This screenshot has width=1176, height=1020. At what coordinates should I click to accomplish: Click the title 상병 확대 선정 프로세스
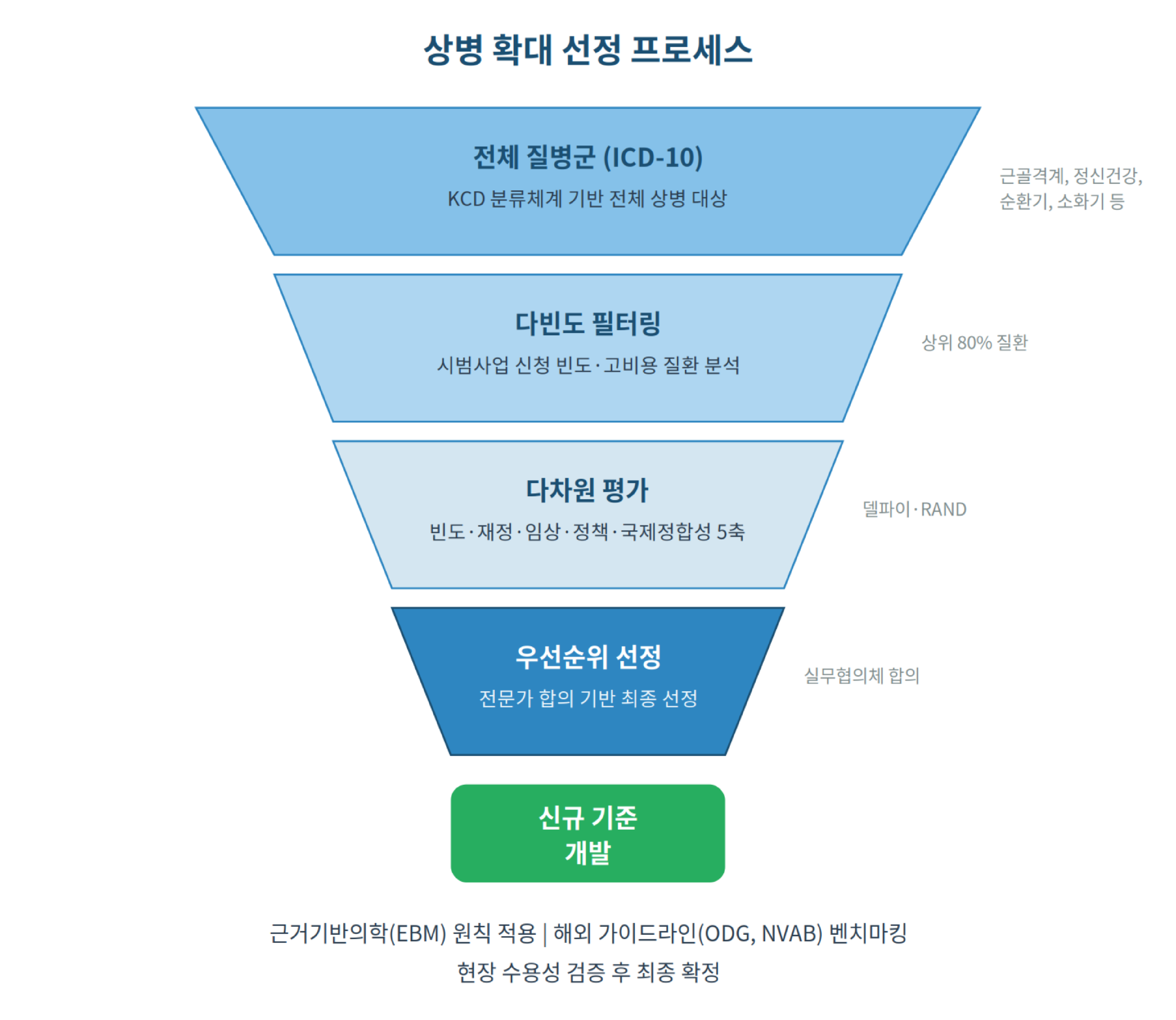point(587,49)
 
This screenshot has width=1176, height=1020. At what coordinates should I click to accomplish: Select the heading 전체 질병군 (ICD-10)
point(587,157)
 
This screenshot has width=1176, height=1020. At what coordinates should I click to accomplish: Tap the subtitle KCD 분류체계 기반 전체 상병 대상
point(587,199)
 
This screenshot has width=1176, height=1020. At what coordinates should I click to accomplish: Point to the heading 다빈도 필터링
point(587,323)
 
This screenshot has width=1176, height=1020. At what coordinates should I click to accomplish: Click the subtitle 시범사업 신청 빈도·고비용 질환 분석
point(587,365)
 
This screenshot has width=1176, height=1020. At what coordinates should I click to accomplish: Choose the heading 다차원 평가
point(587,490)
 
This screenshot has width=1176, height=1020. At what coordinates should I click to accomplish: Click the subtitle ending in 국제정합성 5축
point(587,532)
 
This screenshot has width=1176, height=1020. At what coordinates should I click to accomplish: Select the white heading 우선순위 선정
point(587,657)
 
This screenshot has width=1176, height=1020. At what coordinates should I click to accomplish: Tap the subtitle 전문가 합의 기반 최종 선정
point(587,699)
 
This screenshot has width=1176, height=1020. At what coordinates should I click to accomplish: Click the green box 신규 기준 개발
point(587,834)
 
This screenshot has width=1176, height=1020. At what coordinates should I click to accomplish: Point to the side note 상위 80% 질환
point(974,343)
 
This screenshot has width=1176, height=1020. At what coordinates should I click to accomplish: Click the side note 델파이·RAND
point(914,509)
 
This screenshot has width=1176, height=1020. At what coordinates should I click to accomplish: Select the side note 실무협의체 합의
point(862,676)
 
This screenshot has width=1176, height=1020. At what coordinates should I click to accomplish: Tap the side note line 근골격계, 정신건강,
point(1071,176)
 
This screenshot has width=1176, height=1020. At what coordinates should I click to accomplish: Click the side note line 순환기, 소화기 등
point(1062,201)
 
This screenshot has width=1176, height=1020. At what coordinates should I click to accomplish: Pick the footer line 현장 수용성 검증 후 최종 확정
point(587,972)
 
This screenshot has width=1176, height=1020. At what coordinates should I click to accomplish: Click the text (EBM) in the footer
point(418,933)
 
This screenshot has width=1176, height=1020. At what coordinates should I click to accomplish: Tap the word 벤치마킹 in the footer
point(868,933)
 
